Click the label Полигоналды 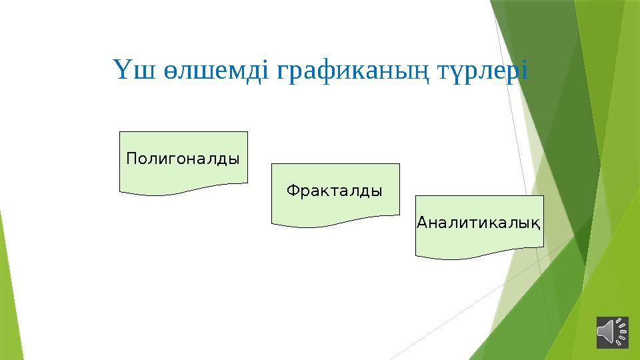[x=183, y=159]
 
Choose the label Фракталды [x=335, y=191]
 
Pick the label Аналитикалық [x=478, y=222]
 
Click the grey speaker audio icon [x=612, y=332]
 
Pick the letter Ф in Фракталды [x=292, y=191]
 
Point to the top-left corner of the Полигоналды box [x=120, y=132]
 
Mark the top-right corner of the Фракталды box [x=399, y=164]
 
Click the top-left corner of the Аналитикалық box [x=415, y=196]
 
